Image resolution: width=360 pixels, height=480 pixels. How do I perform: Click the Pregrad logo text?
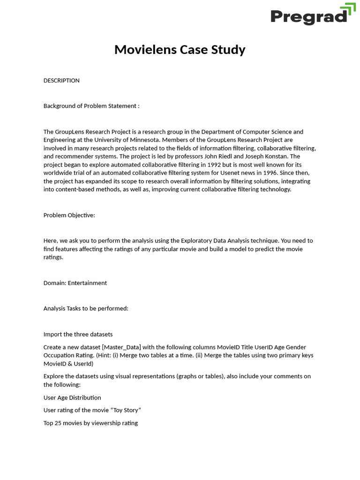click(308, 17)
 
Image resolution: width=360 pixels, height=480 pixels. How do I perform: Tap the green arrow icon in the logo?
click(348, 11)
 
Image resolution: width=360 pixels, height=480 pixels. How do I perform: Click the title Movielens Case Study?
click(180, 50)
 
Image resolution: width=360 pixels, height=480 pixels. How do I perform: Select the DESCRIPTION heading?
click(61, 81)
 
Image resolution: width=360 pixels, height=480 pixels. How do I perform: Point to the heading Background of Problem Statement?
click(91, 106)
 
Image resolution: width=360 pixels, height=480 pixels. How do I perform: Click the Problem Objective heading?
click(69, 215)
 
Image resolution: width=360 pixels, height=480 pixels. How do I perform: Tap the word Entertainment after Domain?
click(87, 283)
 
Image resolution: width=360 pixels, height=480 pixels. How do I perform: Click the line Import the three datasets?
click(78, 334)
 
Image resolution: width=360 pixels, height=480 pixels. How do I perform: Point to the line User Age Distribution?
click(72, 397)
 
